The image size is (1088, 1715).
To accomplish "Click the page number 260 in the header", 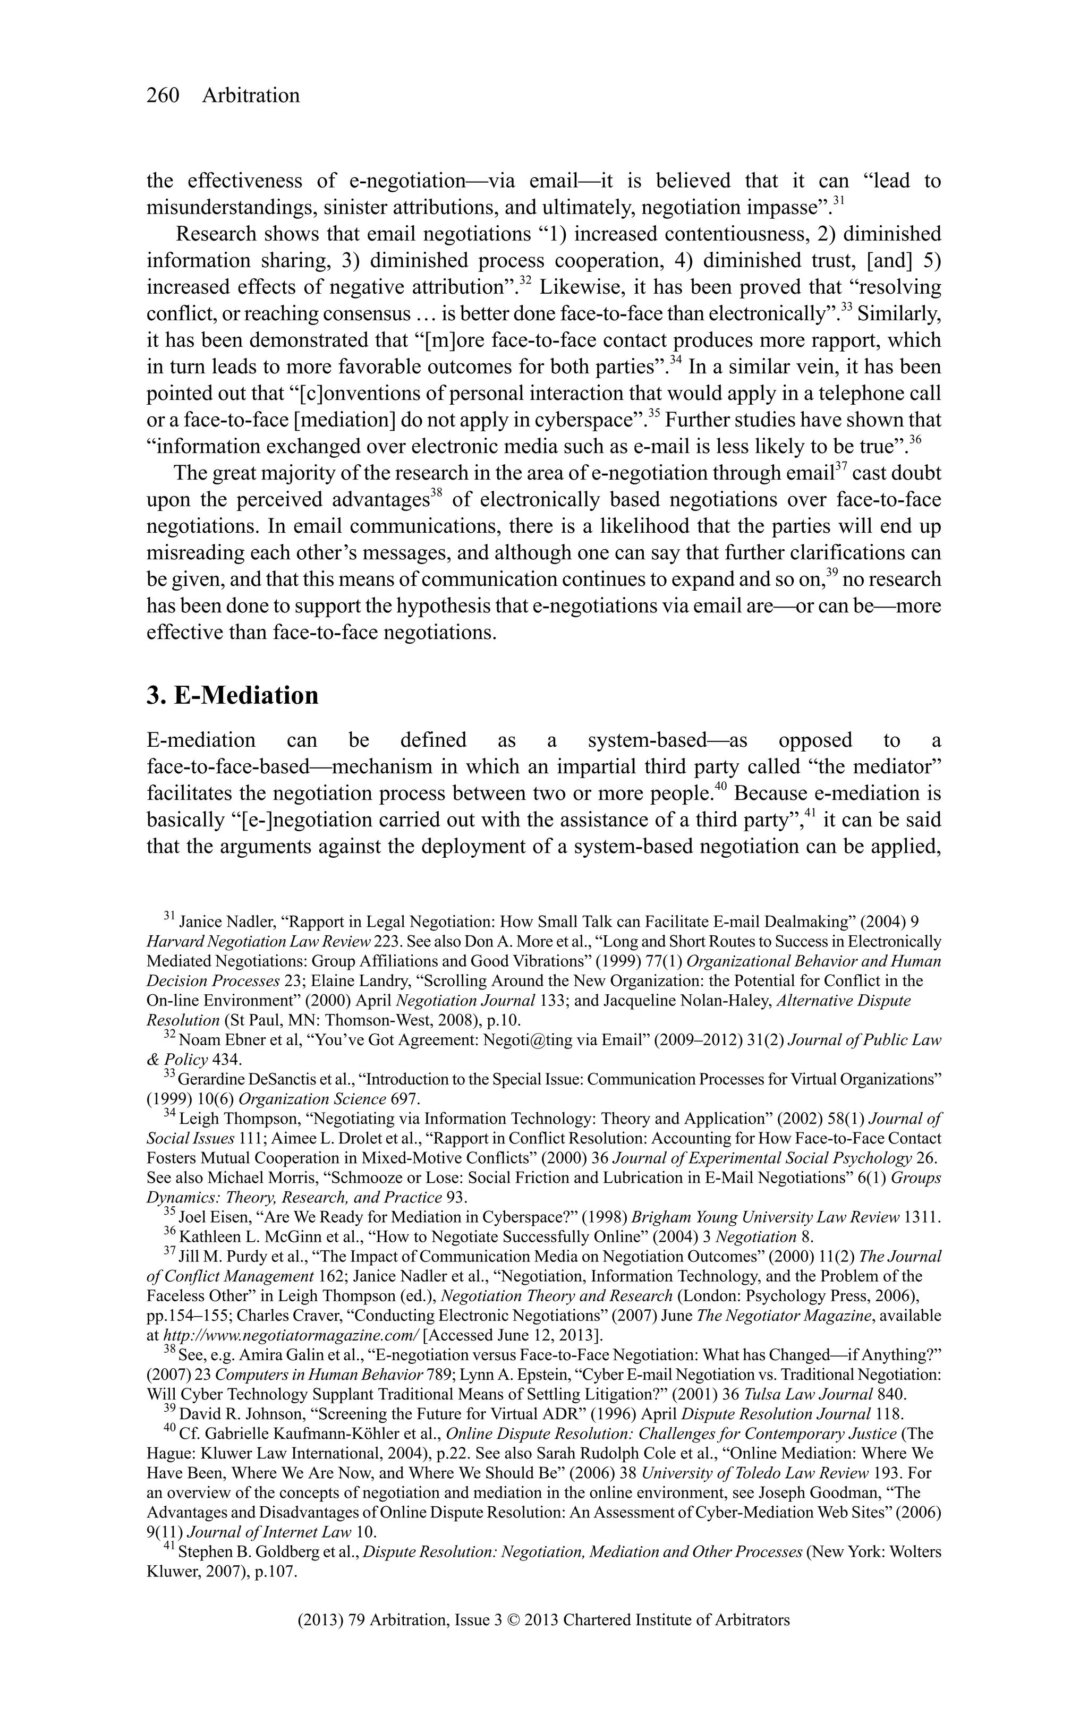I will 163,96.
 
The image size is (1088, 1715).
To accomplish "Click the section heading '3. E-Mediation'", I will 232,694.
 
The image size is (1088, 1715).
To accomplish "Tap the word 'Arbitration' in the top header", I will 251,96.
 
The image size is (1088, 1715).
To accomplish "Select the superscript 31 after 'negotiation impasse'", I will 839,201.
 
